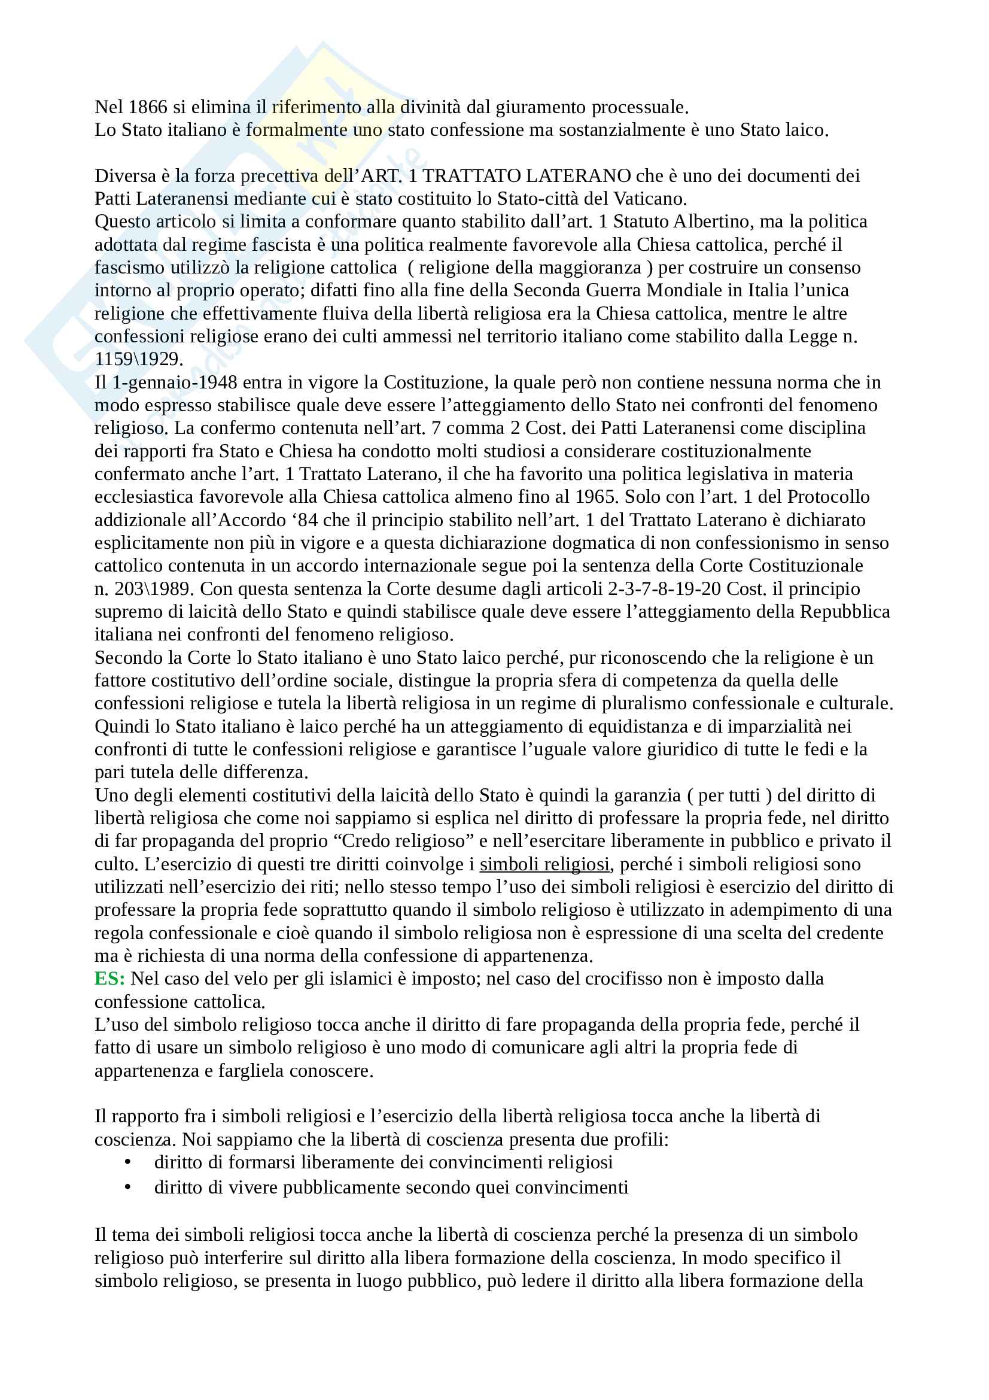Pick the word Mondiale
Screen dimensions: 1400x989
(x=683, y=290)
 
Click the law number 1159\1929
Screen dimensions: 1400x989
(x=138, y=359)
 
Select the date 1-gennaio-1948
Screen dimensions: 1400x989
(x=175, y=382)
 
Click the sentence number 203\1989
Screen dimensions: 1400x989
(x=151, y=589)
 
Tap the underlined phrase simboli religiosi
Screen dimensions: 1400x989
(x=544, y=865)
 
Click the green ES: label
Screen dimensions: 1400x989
(x=109, y=979)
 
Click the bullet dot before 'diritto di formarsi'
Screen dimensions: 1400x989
(x=127, y=1162)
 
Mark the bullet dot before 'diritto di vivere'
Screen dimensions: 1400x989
(x=127, y=1188)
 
